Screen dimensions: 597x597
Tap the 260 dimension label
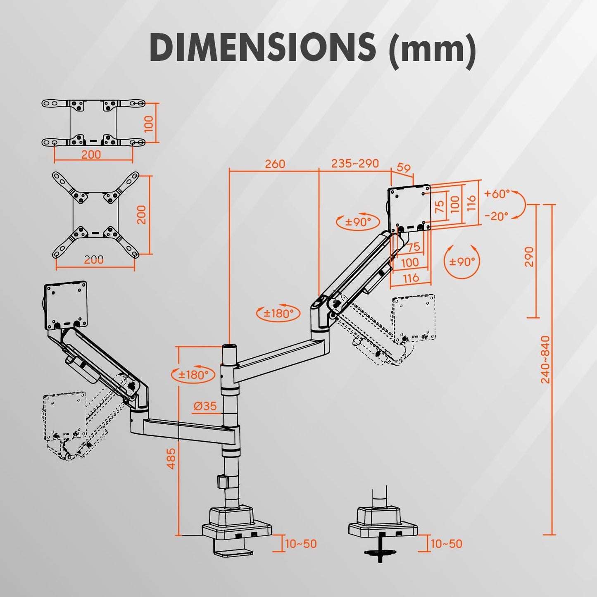point(275,164)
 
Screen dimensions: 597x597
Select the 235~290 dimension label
point(355,164)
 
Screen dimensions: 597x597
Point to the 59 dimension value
point(404,168)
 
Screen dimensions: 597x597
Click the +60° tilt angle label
point(497,193)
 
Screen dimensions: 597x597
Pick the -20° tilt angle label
point(496,216)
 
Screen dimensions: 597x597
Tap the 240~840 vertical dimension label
point(545,359)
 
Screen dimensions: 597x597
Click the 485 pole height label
point(171,458)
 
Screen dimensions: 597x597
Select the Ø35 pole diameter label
point(205,406)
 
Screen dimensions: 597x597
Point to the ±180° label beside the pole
point(193,375)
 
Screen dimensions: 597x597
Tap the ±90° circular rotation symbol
point(462,262)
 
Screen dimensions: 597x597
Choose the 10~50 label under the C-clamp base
point(301,544)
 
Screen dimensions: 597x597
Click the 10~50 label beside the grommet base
point(446,544)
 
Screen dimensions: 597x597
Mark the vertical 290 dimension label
point(529,257)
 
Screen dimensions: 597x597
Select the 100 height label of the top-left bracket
point(149,124)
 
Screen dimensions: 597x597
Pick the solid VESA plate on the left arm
point(66,305)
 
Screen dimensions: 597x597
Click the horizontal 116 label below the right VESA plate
point(411,278)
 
